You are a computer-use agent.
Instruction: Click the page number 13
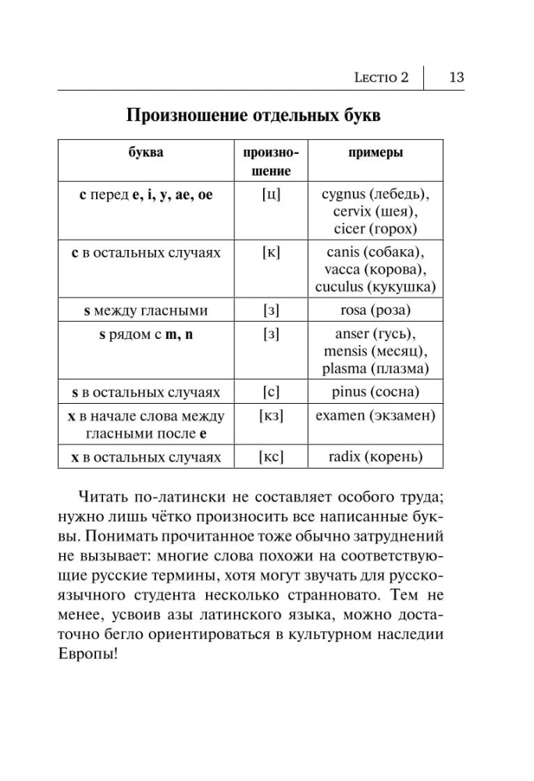tap(457, 77)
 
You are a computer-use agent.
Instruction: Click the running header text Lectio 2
tap(381, 78)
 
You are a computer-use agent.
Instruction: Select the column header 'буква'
tap(145, 153)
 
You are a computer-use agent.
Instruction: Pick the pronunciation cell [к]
tap(271, 252)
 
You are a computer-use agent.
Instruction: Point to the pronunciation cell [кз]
tap(271, 415)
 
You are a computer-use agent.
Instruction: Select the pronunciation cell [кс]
tap(271, 456)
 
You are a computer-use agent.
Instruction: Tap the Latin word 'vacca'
tap(334, 269)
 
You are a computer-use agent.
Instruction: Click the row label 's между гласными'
tap(145, 310)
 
